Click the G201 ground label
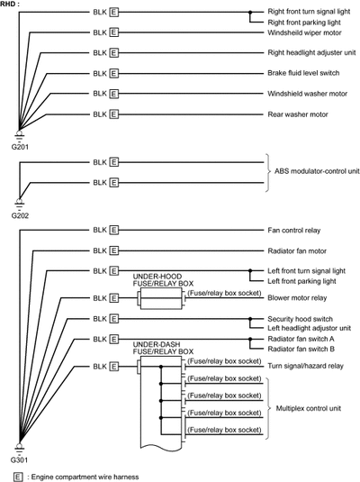tap(20, 147)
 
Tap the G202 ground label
tap(20, 215)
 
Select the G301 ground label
tap(19, 459)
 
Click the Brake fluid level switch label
tap(303, 73)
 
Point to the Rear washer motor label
tap(298, 114)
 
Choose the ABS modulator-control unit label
tap(317, 171)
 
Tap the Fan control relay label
tap(294, 231)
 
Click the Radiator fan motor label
tap(297, 250)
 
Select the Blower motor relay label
tap(297, 298)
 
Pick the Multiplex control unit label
tap(309, 408)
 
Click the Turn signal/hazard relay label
tap(305, 366)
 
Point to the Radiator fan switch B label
tap(301, 350)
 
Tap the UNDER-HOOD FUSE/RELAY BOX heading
tap(163, 279)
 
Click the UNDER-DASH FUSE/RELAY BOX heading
tap(163, 348)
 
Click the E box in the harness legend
tap(18, 477)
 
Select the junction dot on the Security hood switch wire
tap(250, 319)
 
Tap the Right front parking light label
tap(304, 23)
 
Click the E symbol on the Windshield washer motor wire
tap(114, 94)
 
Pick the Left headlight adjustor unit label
tap(309, 328)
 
